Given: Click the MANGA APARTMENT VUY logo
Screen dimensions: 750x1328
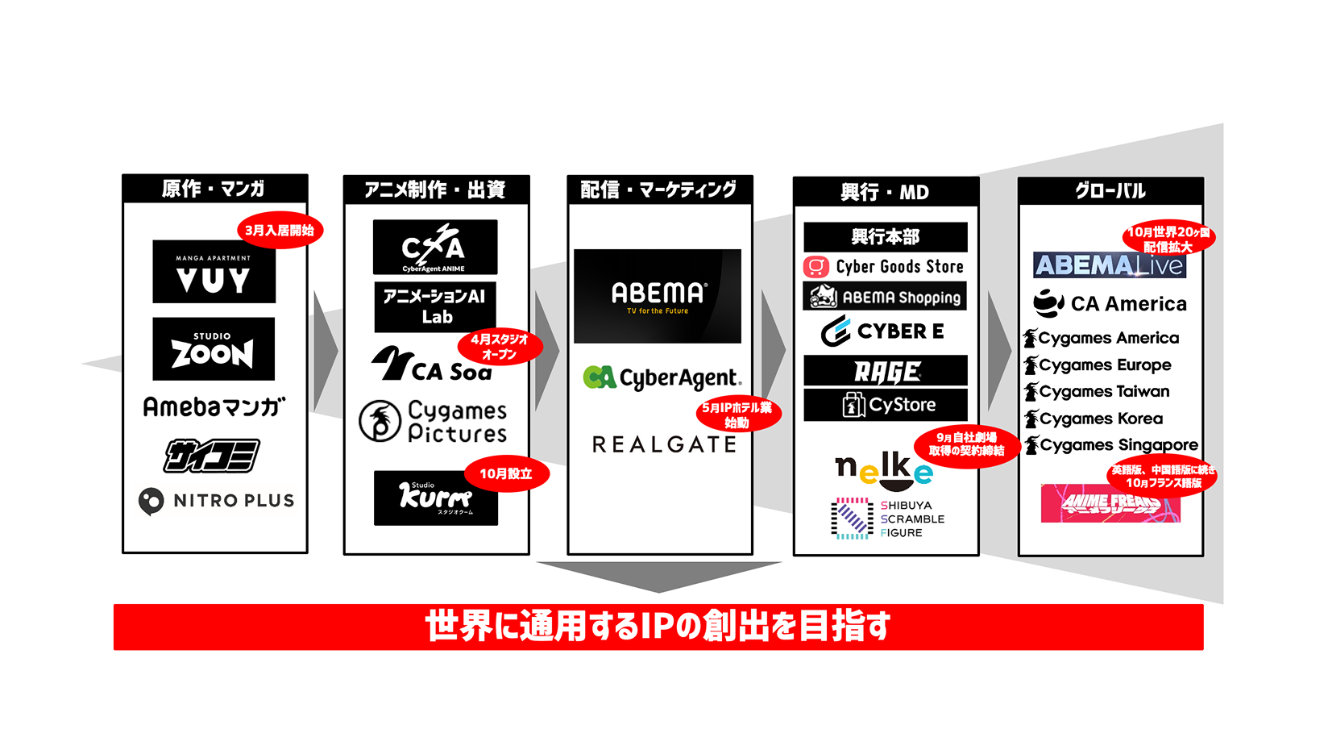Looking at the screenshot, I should point(214,272).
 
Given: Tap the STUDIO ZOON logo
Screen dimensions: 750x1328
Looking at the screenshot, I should point(214,348).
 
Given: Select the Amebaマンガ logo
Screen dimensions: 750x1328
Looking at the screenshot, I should point(214,406).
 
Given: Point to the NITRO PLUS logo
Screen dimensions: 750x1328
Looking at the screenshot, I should point(216,501).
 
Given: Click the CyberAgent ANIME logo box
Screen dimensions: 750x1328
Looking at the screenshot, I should point(435,248).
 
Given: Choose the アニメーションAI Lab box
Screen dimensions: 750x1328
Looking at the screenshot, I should point(435,306).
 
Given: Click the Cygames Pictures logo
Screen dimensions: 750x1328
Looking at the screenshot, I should point(434,421).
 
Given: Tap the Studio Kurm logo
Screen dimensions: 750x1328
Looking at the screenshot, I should point(435,498).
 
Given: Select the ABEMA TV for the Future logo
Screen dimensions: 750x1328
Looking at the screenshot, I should point(658,296).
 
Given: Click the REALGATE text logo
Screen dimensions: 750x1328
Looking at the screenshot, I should point(664,444).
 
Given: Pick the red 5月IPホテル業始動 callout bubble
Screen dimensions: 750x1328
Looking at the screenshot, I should point(737,415).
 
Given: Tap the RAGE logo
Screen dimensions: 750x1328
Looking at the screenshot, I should point(886,371).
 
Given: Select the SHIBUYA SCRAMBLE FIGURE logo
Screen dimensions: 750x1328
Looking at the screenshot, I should point(887,519).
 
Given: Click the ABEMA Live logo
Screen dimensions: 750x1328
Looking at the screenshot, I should point(1109,265).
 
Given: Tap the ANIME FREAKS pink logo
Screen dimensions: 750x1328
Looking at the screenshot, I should point(1110,504).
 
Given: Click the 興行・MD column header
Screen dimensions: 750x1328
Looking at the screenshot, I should point(886,192).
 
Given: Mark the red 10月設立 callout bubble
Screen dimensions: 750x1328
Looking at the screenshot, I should point(506,473).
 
